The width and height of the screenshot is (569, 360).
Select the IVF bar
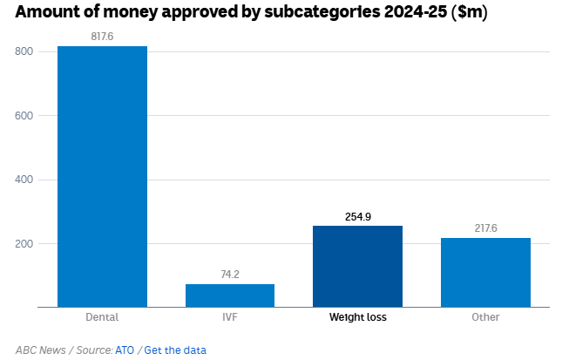click(x=230, y=295)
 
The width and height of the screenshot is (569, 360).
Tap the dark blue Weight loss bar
click(x=357, y=266)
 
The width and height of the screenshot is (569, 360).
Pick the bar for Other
click(x=485, y=272)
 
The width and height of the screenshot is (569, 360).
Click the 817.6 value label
click(x=102, y=37)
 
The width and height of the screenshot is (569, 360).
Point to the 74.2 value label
click(x=230, y=275)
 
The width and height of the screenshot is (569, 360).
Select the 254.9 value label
click(x=357, y=216)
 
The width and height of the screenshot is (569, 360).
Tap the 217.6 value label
click(x=485, y=228)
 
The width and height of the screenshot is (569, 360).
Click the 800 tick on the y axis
click(x=24, y=51)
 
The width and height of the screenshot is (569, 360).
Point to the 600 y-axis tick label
click(x=24, y=116)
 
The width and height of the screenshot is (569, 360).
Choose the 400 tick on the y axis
click(x=24, y=180)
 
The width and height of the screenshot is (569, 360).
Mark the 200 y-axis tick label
click(x=24, y=243)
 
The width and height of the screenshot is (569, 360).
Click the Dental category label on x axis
click(x=102, y=317)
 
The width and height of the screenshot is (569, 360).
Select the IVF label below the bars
click(x=230, y=317)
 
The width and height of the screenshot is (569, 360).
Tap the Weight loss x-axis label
click(x=357, y=317)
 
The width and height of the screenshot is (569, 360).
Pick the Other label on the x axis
click(x=485, y=317)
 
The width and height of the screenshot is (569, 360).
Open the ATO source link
click(x=125, y=350)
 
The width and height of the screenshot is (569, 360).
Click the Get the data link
click(x=175, y=350)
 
